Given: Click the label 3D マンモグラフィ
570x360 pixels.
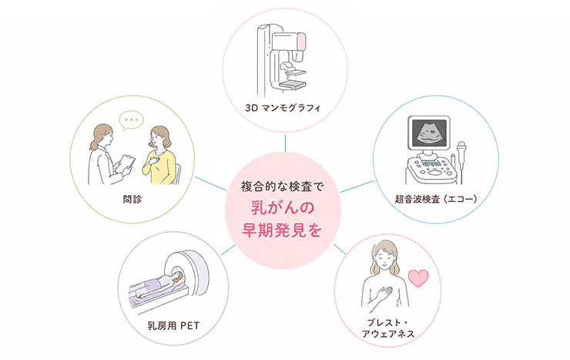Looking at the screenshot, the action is [283, 108].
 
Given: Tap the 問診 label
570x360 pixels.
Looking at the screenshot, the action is [132, 199].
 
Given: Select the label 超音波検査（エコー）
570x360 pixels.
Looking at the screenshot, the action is [436, 199].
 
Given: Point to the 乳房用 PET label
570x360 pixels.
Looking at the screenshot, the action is [173, 325].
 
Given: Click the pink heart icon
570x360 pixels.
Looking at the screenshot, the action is [418, 278].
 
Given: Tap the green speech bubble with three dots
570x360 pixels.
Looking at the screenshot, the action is [132, 120].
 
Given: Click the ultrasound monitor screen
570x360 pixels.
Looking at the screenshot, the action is [427, 132].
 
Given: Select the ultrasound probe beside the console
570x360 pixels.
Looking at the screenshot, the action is [461, 154].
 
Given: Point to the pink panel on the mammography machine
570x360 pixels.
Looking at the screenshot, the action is [302, 41].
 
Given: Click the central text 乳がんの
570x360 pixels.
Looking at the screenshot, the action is [283, 208].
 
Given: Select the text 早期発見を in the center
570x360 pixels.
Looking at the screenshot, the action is [282, 230].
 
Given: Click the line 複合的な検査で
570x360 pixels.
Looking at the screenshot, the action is [282, 187].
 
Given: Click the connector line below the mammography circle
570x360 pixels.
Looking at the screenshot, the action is [285, 143].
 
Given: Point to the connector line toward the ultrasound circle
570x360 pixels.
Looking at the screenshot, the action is [357, 187].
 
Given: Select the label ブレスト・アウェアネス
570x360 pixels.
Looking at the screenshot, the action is [388, 328].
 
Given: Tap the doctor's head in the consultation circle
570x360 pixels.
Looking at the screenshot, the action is [103, 135].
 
